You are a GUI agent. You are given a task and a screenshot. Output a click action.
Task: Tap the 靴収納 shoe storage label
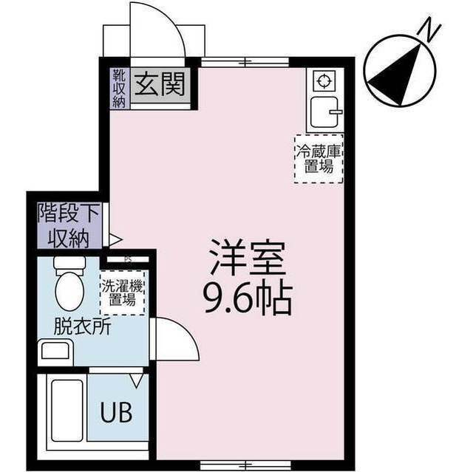120,88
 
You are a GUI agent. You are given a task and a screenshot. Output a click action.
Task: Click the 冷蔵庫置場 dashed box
318,159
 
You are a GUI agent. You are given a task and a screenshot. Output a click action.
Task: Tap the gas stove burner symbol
322,80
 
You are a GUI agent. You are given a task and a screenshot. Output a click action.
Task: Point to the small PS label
128,259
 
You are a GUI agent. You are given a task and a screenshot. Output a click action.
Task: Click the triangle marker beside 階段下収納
115,239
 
